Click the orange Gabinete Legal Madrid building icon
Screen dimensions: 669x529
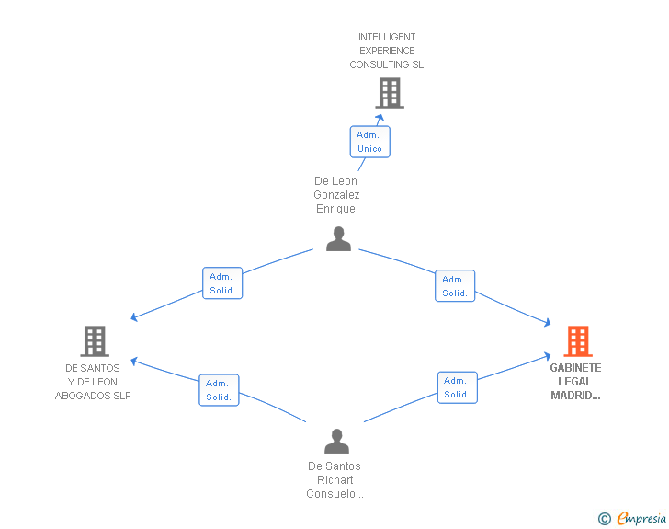(x=578, y=341)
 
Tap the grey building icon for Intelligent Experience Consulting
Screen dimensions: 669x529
(x=390, y=93)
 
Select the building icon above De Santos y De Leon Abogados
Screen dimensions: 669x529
(x=95, y=341)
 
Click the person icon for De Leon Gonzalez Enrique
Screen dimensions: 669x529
(x=338, y=239)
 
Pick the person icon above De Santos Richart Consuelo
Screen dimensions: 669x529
(x=336, y=441)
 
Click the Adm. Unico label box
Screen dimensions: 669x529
(x=370, y=142)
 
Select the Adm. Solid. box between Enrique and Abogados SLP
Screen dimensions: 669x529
(x=222, y=283)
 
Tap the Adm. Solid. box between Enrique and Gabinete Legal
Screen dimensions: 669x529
(x=455, y=286)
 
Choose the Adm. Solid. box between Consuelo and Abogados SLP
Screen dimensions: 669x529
(x=219, y=390)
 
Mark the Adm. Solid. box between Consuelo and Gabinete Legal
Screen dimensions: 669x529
(x=458, y=387)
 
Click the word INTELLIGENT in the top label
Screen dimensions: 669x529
(x=387, y=37)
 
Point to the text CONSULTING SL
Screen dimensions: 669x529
(x=387, y=64)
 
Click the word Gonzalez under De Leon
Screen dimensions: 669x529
(x=336, y=195)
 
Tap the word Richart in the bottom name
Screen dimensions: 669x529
(x=334, y=480)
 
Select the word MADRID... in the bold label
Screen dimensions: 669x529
(x=575, y=396)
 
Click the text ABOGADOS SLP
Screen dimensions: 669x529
(x=93, y=396)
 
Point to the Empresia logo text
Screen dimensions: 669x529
(x=641, y=518)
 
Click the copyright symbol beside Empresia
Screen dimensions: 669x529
(x=605, y=519)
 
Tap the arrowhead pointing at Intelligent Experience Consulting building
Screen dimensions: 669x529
(x=380, y=117)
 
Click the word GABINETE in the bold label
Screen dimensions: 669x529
(x=575, y=368)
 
